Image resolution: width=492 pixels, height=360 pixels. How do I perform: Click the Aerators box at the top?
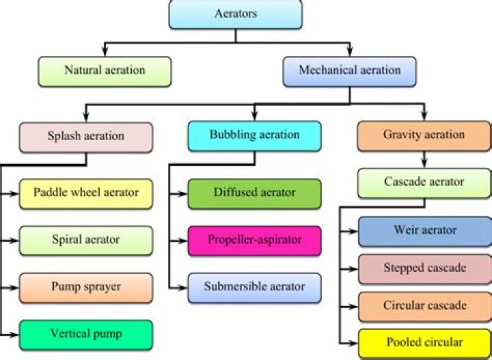(x=235, y=14)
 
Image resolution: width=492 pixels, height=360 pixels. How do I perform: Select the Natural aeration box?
(x=105, y=71)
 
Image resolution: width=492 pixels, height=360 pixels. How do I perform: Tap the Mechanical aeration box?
(x=350, y=71)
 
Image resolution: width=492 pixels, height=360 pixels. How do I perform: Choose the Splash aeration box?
(x=85, y=137)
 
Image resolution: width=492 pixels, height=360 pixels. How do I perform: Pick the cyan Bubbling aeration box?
(x=254, y=136)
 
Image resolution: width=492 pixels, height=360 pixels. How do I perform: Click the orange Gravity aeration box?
(x=424, y=136)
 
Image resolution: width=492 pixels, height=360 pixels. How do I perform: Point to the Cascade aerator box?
(x=424, y=183)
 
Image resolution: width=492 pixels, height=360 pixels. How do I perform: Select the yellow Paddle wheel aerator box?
(x=85, y=193)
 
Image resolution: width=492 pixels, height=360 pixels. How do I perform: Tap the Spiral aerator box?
(x=85, y=240)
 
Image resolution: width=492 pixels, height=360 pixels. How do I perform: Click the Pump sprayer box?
(x=85, y=288)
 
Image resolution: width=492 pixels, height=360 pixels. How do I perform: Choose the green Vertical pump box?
(x=85, y=335)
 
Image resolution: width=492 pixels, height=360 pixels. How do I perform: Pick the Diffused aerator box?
(x=254, y=193)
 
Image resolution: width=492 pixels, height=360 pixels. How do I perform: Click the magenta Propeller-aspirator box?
(x=254, y=240)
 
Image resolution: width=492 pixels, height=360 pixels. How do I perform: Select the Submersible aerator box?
(x=254, y=288)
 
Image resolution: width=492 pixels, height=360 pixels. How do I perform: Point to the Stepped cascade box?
(x=424, y=268)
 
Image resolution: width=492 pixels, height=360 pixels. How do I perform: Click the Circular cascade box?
(x=424, y=305)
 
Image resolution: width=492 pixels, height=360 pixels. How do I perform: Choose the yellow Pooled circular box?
(x=424, y=342)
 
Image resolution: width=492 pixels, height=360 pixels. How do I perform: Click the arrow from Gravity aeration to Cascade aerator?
(x=424, y=159)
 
